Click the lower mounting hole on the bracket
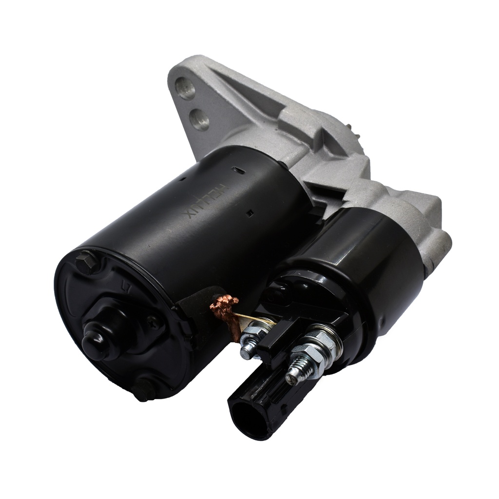pyautogui.click(x=200, y=119)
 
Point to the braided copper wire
pyautogui.click(x=225, y=312)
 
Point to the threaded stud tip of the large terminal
pyautogui.click(x=294, y=376)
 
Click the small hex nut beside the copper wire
pyautogui.click(x=252, y=336)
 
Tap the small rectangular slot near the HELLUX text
pyautogui.click(x=249, y=213)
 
